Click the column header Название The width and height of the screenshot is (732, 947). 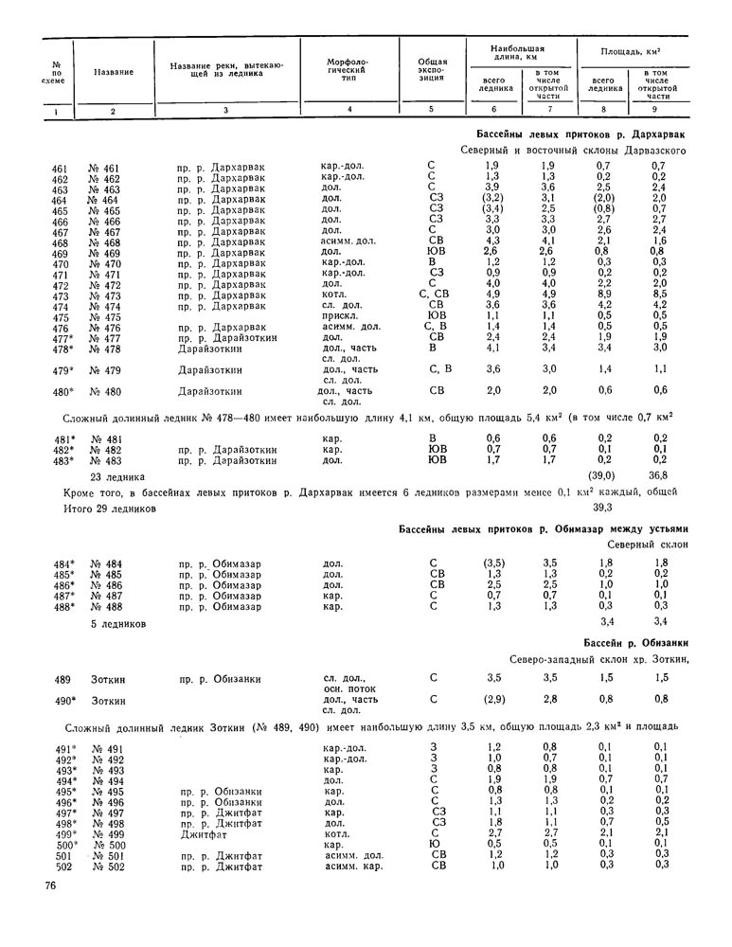tap(113, 72)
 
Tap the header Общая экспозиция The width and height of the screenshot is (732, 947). tap(432, 69)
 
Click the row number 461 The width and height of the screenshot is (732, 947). tap(61, 169)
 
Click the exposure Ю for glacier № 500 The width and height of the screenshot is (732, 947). tap(432, 844)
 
